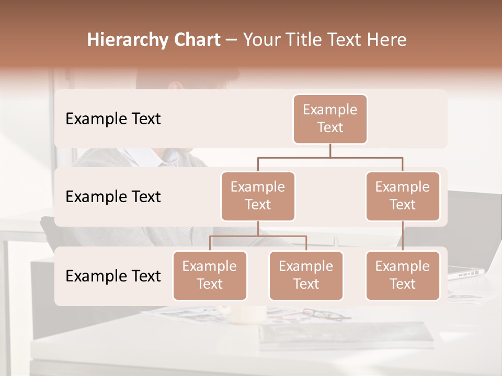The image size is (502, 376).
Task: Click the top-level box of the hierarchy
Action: pyautogui.click(x=330, y=119)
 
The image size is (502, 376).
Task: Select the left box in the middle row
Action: pyautogui.click(x=258, y=196)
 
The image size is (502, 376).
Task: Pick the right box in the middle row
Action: pyautogui.click(x=403, y=196)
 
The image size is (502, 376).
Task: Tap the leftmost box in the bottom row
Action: pyautogui.click(x=210, y=275)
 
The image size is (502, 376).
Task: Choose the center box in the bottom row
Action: pyautogui.click(x=306, y=275)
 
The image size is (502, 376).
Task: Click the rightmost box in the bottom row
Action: pyautogui.click(x=403, y=275)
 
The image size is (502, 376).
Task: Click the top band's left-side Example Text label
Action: pyautogui.click(x=113, y=119)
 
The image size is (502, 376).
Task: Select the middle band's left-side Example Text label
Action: pyautogui.click(x=113, y=197)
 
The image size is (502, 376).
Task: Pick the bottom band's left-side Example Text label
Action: pyautogui.click(x=113, y=276)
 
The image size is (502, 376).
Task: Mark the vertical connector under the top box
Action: pyautogui.click(x=330, y=150)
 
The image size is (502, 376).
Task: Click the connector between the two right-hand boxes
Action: pyautogui.click(x=403, y=236)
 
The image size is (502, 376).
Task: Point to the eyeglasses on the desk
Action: pyautogui.click(x=320, y=314)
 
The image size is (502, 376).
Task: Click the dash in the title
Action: pyautogui.click(x=232, y=40)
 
